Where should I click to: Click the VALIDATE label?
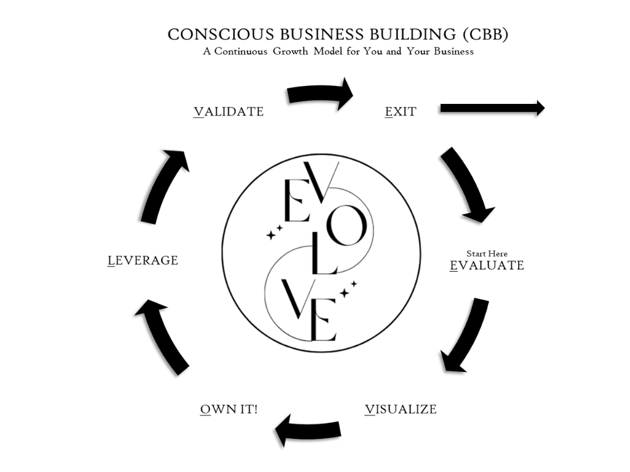229,112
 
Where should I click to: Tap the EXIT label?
401,112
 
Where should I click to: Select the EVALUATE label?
487,265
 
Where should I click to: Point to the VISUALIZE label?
401,409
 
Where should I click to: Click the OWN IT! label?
229,409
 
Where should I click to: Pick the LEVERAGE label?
143,261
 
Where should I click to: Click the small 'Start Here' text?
487,254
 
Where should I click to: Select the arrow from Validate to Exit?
320,94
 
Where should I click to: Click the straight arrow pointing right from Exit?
492,108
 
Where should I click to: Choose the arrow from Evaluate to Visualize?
466,335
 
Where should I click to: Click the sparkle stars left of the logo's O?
274,232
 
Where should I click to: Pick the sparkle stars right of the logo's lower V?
349,289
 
